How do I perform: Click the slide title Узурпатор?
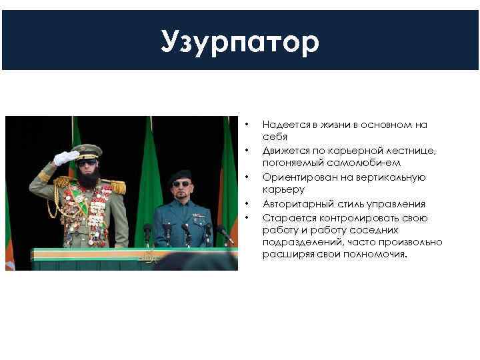pyautogui.click(x=240, y=43)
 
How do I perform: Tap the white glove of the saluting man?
pyautogui.click(x=65, y=157)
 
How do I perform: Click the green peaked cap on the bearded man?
pyautogui.click(x=87, y=151)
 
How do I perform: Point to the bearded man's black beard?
pyautogui.click(x=89, y=176)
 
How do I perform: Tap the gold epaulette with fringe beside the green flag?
pyautogui.click(x=117, y=186)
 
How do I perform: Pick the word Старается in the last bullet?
pyautogui.click(x=285, y=218)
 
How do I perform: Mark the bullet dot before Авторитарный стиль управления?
pyautogui.click(x=247, y=203)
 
